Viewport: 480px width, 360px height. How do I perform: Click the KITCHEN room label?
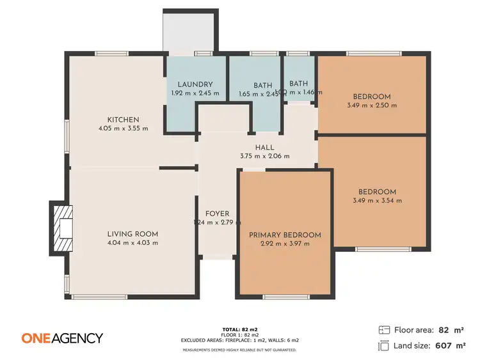tap(123, 120)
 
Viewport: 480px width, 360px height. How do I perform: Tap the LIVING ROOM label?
tap(132, 234)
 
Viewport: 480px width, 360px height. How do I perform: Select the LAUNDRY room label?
tap(195, 84)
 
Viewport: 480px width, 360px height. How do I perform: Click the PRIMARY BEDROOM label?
tap(285, 235)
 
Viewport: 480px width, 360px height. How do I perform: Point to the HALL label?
tap(264, 147)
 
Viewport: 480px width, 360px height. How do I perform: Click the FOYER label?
tap(217, 214)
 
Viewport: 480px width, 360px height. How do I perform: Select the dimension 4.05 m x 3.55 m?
tap(123, 129)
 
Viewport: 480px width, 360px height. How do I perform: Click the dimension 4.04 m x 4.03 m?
tap(132, 243)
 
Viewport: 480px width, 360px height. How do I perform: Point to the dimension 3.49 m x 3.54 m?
tap(377, 201)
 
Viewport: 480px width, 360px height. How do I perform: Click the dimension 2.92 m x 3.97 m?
tap(285, 244)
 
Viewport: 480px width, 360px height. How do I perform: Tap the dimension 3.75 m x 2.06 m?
tap(264, 156)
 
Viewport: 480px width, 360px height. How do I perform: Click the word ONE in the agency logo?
tap(37, 338)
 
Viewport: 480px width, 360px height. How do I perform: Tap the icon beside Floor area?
tap(384, 330)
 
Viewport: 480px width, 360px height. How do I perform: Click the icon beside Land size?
tap(384, 346)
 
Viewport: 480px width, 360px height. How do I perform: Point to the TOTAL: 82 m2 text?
tap(239, 328)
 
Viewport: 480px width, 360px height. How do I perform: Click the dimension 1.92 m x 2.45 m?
tap(195, 93)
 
